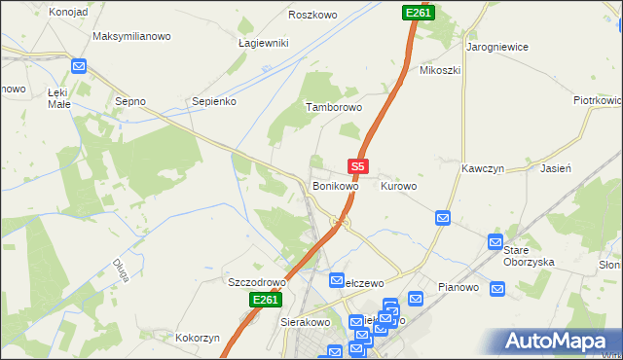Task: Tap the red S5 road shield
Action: pos(358,167)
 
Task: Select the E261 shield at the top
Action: pos(418,12)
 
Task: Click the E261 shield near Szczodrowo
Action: pos(265,301)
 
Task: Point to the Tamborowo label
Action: pos(334,107)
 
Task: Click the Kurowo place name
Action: pos(398,185)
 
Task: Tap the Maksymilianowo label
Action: pos(131,36)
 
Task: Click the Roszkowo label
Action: pos(312,15)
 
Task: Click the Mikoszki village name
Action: pos(439,70)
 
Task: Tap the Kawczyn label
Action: pos(481,167)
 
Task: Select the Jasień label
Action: pos(555,167)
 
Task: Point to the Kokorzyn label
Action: pos(198,339)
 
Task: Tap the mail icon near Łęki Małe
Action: pos(80,67)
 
